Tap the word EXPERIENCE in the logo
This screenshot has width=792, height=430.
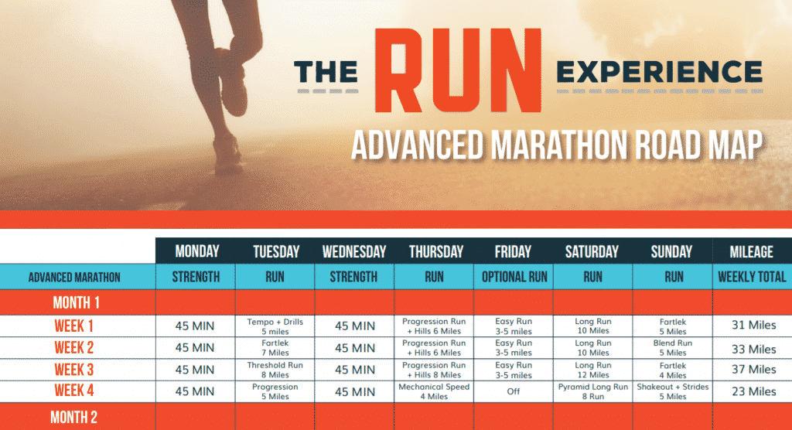point(659,73)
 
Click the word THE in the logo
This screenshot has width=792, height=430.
point(326,73)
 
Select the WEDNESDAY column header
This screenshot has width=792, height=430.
point(353,251)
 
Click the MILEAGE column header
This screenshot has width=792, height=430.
point(751,251)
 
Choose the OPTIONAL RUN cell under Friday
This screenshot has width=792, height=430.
point(514,276)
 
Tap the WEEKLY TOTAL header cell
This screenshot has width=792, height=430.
point(751,276)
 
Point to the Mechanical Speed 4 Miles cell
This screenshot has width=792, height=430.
point(434,391)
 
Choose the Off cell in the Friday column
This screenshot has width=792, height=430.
point(514,391)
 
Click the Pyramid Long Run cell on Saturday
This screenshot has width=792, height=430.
point(593,391)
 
